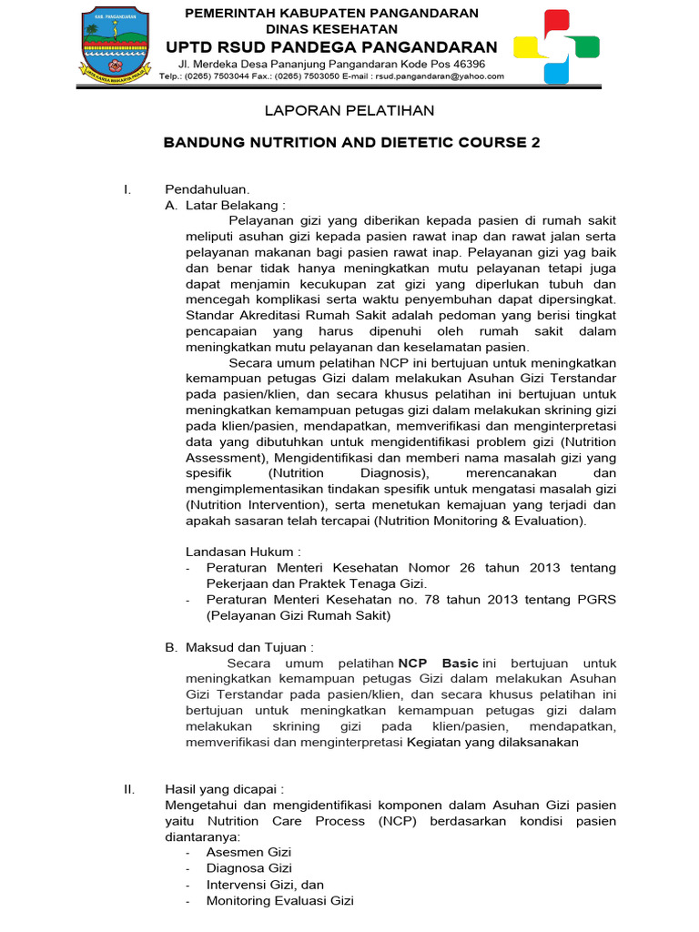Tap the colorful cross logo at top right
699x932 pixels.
(556, 46)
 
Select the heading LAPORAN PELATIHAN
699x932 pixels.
(350, 111)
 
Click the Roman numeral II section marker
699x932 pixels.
(129, 789)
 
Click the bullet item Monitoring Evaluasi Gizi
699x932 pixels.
(279, 901)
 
